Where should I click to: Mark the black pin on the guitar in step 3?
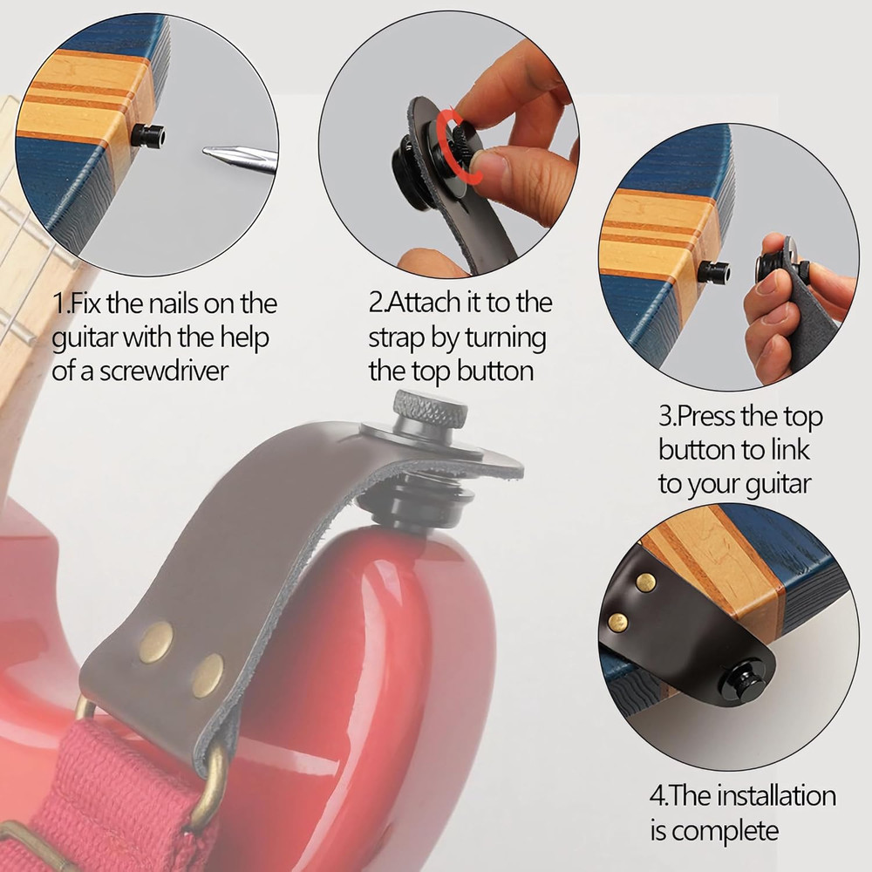coord(713,272)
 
